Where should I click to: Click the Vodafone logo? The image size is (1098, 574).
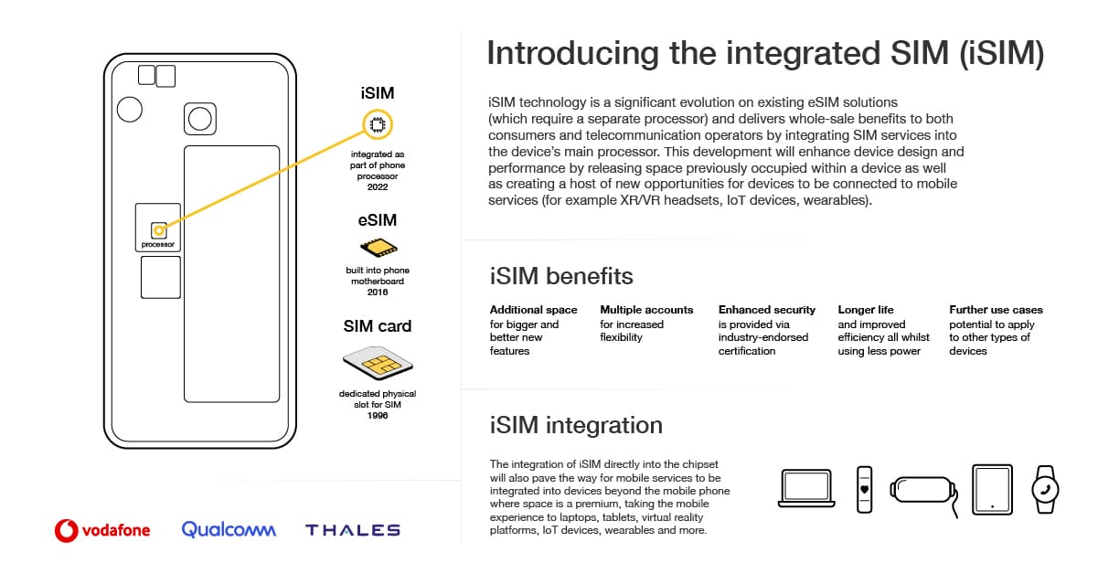[102, 529]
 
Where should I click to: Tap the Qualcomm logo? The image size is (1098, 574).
[228, 529]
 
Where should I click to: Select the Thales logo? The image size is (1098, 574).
[352, 530]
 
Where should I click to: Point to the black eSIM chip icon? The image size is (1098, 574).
[378, 248]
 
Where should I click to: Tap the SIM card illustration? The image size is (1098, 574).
[377, 363]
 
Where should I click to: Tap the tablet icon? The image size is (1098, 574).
[992, 488]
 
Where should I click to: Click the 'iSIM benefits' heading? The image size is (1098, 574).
[561, 275]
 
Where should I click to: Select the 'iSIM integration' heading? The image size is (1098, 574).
[575, 425]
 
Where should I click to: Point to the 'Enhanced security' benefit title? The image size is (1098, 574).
[767, 310]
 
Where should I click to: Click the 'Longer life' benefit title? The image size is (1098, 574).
[866, 310]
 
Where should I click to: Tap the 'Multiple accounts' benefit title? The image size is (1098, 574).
[646, 310]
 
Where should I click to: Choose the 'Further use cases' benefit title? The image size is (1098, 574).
[996, 310]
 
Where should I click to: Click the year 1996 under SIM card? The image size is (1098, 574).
[378, 415]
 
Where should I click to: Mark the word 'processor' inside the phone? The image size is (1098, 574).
[158, 245]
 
